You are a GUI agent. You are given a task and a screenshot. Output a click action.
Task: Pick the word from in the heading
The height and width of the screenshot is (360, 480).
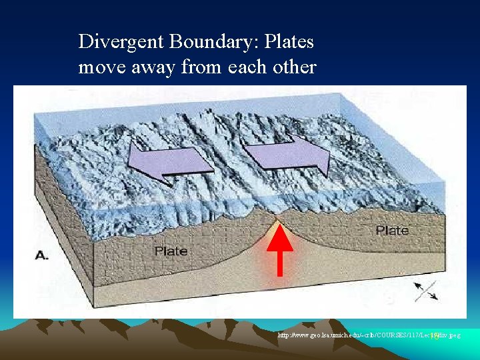pos(199,67)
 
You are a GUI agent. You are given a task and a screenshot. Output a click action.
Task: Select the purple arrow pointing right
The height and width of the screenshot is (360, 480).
pos(287,153)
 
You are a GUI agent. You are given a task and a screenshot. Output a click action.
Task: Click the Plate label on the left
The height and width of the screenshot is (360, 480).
pos(171,251)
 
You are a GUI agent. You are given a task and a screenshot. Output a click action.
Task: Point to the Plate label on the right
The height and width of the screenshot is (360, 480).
pos(391,230)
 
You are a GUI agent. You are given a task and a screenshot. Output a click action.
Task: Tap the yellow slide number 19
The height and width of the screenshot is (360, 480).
pos(434,336)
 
